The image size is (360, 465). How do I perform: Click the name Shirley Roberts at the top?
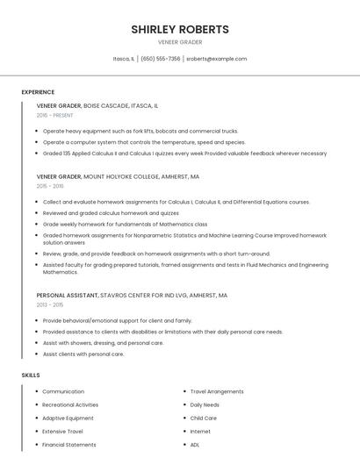click(x=180, y=29)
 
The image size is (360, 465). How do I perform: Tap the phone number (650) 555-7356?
click(x=161, y=59)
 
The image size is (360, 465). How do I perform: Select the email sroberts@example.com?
click(x=216, y=59)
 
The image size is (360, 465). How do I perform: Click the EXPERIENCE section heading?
click(x=38, y=92)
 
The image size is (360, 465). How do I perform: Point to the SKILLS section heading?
click(x=31, y=376)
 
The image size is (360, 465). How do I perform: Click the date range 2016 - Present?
click(x=54, y=115)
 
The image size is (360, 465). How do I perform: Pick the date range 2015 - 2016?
click(x=50, y=186)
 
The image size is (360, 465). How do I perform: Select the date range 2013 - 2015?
click(x=50, y=304)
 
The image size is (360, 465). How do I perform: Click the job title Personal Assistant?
click(x=68, y=296)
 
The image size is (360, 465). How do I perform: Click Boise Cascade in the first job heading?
click(x=111, y=105)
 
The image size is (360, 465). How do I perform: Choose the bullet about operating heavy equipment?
click(x=140, y=131)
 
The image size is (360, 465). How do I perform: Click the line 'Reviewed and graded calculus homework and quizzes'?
click(x=111, y=212)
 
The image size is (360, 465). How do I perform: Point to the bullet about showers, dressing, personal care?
click(x=103, y=343)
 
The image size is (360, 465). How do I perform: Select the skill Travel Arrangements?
click(x=217, y=391)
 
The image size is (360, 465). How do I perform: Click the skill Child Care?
click(x=204, y=418)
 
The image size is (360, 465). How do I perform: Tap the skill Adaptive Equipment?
click(x=68, y=418)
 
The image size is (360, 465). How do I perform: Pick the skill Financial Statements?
click(x=69, y=445)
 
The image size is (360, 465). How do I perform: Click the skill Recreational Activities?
click(x=70, y=404)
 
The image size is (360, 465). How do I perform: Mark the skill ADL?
click(x=195, y=445)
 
